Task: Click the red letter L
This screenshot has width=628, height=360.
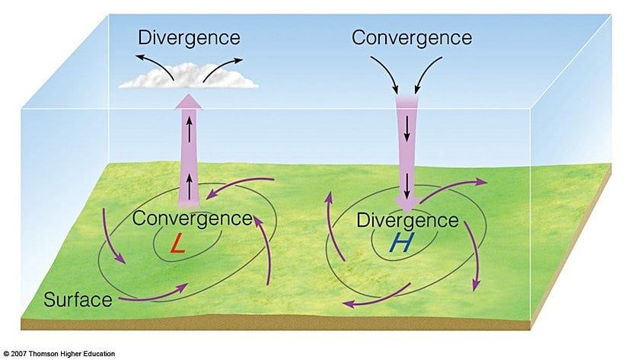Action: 177,244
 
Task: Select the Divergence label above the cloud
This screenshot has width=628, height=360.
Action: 189,37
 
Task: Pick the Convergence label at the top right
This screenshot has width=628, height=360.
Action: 412,37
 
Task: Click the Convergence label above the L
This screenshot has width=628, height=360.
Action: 192,218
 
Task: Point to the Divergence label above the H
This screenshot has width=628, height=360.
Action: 408,221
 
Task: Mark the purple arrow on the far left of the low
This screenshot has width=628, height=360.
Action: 112,240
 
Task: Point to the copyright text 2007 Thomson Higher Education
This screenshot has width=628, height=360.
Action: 59,354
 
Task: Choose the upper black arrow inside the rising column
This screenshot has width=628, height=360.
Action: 190,127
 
